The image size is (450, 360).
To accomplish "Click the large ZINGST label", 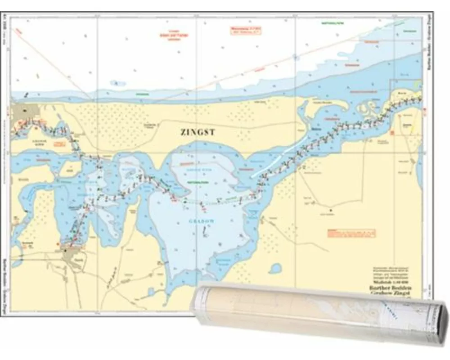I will [197, 133].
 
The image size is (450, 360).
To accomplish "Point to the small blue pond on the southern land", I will [275, 269].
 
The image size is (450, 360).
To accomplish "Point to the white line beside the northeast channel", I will [279, 157].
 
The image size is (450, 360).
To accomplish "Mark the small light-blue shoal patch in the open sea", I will [118, 83].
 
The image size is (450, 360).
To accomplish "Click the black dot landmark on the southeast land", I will [331, 210].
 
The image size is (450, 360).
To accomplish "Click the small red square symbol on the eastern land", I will [392, 132].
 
